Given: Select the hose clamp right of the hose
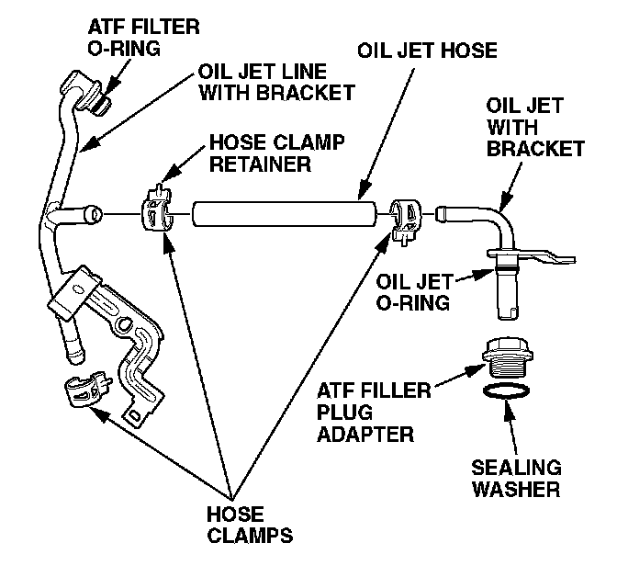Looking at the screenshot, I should coord(405,218).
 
